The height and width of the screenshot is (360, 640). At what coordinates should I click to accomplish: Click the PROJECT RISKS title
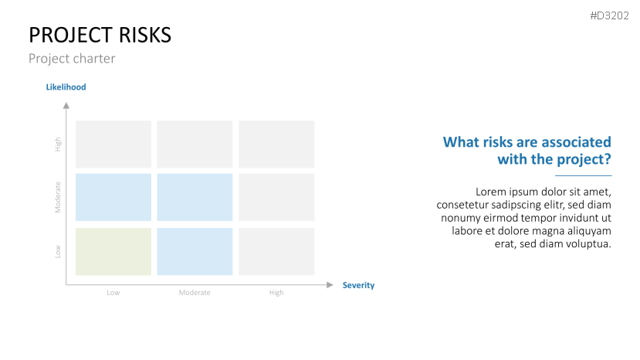100,35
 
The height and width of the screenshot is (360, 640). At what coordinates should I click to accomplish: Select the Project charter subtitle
72,59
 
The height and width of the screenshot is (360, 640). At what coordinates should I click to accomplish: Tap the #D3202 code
609,15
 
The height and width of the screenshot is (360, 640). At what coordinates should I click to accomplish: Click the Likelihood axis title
66,87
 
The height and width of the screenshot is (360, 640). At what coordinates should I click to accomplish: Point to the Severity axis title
358,285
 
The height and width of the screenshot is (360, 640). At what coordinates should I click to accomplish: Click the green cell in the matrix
113,252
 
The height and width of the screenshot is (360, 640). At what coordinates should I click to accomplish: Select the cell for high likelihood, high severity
276,144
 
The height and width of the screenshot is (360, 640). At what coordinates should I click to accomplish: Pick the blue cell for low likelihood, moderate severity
195,252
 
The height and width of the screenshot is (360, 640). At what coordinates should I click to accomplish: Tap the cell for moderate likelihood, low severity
113,197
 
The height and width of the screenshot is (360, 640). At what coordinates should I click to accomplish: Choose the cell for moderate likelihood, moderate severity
195,197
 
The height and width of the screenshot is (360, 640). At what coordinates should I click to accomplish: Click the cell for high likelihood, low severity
113,144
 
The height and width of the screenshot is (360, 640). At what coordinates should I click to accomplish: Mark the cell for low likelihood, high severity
276,252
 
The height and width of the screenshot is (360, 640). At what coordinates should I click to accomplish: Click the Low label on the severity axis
113,293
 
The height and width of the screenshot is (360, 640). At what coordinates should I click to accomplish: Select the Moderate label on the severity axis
195,293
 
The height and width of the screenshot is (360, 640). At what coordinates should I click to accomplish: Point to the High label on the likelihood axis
58,144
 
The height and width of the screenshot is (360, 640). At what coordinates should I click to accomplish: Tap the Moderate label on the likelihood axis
58,197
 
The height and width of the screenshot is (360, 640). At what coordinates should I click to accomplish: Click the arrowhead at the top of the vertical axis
66,106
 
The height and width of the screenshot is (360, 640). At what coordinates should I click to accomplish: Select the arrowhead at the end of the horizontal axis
330,285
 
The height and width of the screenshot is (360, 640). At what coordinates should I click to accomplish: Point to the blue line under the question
584,175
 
